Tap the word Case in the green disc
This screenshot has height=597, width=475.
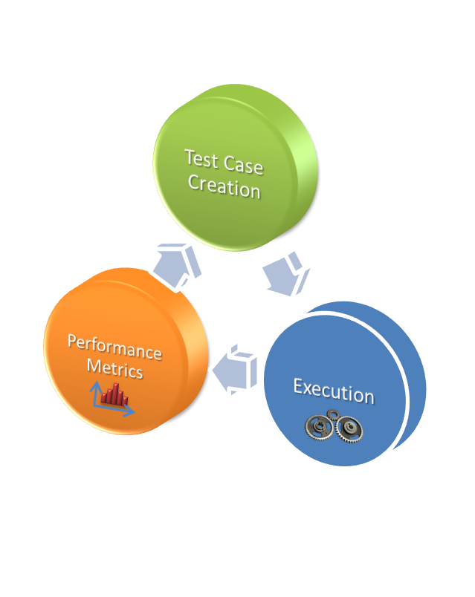tap(241, 164)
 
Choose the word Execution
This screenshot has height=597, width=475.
tap(333, 391)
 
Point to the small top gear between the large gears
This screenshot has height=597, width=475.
tap(333, 415)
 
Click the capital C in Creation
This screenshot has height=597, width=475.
tap(194, 181)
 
